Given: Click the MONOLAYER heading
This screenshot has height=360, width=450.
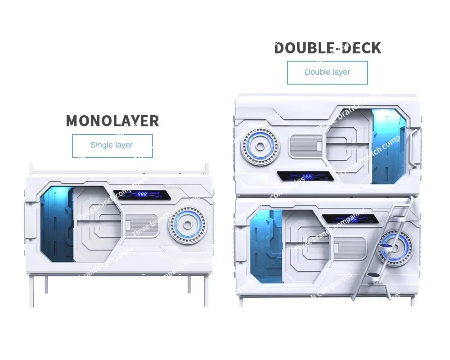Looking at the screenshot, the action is click(x=112, y=121).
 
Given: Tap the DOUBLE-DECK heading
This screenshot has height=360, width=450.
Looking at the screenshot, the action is click(x=328, y=48).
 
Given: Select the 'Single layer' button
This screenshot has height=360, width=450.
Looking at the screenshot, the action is click(x=112, y=145).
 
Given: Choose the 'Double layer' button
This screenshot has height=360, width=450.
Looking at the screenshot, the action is click(x=327, y=72).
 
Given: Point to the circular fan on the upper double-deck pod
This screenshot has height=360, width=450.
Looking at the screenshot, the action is click(x=260, y=146).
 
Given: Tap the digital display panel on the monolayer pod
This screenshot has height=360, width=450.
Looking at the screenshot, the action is click(x=142, y=194).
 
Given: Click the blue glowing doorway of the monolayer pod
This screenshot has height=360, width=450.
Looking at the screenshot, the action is click(x=57, y=224).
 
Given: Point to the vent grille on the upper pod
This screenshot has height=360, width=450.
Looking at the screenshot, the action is click(x=306, y=146).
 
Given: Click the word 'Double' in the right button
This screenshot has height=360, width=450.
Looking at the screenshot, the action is click(x=315, y=72).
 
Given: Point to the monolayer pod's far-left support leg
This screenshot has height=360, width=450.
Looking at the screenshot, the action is click(x=31, y=290).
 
